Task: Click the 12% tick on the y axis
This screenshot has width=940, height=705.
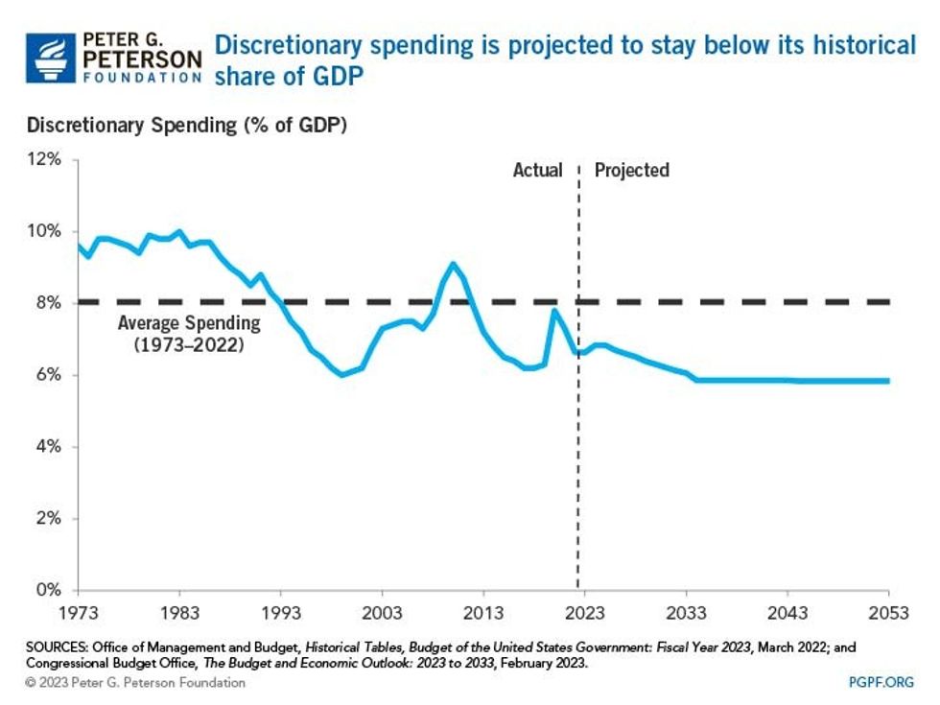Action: (44, 160)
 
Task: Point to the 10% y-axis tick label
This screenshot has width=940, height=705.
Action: (44, 232)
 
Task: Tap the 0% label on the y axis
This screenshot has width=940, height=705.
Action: (49, 590)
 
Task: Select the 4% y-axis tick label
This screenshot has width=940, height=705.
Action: (49, 447)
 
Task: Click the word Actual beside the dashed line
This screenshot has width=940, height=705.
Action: (537, 171)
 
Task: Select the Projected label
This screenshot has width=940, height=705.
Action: (631, 171)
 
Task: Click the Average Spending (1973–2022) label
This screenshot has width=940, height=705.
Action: (187, 333)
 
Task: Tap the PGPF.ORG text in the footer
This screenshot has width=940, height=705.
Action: (880, 682)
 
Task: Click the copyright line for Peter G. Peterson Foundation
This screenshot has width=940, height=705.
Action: (135, 682)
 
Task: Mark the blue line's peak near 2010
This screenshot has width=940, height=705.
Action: (453, 264)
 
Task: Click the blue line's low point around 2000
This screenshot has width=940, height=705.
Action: (342, 374)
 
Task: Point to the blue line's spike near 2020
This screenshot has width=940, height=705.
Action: (553, 310)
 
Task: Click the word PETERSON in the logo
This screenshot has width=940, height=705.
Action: (143, 59)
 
